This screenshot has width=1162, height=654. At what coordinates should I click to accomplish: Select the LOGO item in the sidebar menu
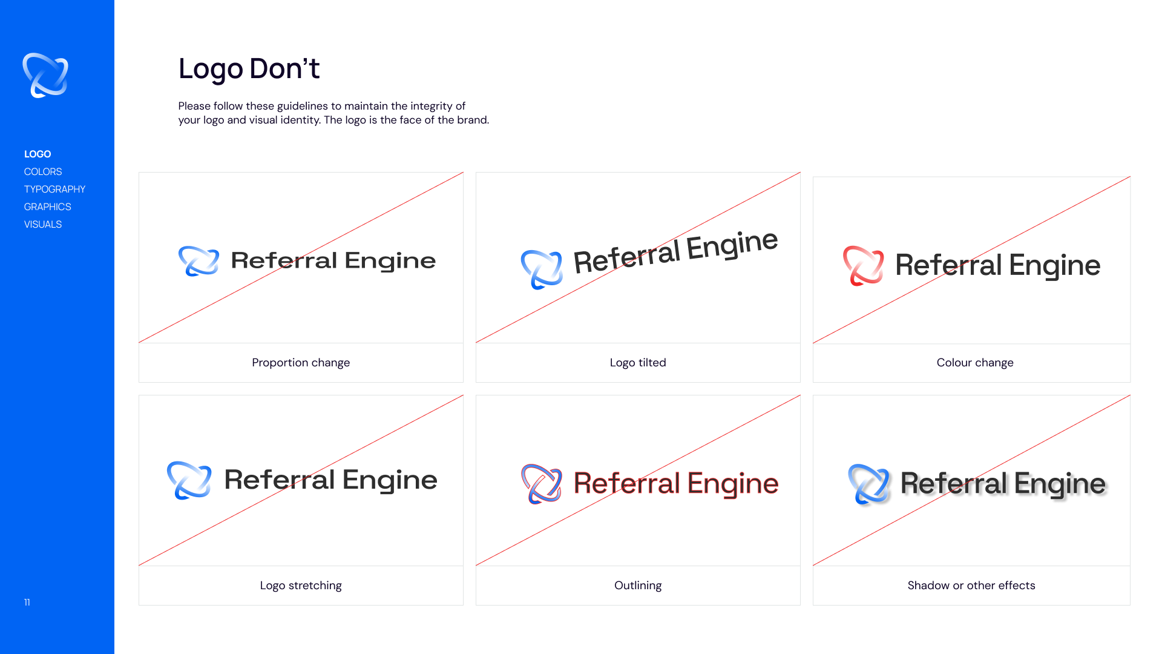point(38,154)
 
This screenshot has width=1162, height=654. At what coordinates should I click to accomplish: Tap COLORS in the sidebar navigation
point(43,172)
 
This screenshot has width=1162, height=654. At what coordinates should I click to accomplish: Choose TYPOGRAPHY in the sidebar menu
point(54,190)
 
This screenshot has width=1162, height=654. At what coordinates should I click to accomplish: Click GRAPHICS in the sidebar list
point(48,207)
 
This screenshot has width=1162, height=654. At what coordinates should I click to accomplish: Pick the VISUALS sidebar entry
point(43,225)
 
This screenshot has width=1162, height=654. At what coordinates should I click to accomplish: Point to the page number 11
point(27,603)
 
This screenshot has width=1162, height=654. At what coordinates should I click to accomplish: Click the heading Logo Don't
point(249,68)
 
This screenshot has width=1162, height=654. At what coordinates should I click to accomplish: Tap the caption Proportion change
point(301,363)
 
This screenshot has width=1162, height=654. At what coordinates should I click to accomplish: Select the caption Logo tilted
point(638,363)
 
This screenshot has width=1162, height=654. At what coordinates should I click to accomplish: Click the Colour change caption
point(975,363)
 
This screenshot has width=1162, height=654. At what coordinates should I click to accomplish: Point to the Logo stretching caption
point(301,586)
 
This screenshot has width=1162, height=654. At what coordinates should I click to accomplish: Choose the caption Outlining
point(638,586)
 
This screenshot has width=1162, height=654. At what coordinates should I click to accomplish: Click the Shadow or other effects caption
point(971,586)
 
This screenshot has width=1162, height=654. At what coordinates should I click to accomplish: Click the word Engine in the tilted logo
point(732,245)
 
